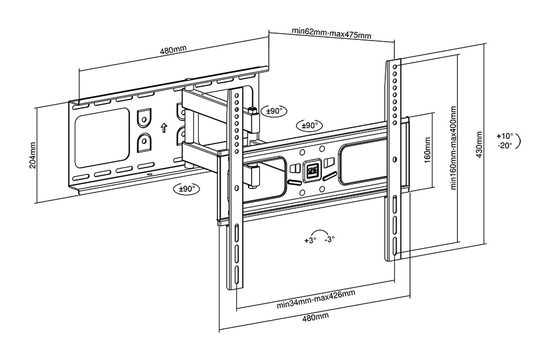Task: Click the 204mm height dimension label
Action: (32, 155)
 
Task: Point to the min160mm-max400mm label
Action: (453, 149)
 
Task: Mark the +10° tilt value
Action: (505, 136)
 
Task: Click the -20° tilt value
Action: (505, 145)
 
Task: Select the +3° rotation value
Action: (310, 240)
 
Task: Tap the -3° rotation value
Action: (330, 238)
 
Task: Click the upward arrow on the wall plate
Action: (164, 127)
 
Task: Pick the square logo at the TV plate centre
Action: (311, 170)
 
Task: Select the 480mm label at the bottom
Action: (316, 318)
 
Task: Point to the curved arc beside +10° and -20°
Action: (520, 140)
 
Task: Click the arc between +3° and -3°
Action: (320, 231)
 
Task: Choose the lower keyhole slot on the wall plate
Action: (144, 140)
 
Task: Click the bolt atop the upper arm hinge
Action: (253, 109)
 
